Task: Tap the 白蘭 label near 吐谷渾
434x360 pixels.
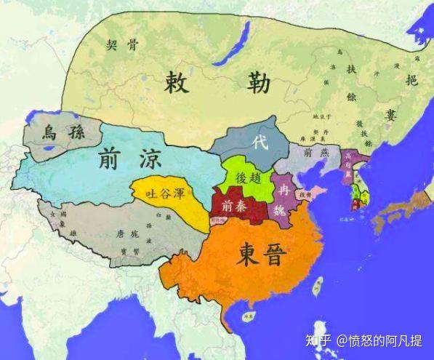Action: tap(169, 216)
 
